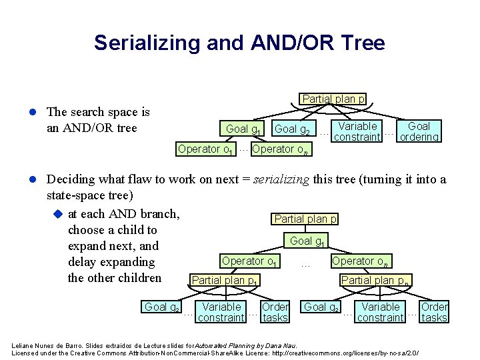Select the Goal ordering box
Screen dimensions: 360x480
419,131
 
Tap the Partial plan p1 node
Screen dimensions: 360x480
225,280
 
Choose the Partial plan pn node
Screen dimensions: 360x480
375,280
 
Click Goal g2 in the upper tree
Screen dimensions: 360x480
294,129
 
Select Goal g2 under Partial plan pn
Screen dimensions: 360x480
321,307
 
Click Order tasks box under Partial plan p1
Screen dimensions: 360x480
275,312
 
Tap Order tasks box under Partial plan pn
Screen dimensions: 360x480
434,312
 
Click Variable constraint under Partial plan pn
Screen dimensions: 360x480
380,312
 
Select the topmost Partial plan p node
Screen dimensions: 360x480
333,99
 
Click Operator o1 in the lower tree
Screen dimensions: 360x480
250,261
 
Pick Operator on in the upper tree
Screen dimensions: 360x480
281,149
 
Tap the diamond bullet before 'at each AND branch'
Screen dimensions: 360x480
57,213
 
